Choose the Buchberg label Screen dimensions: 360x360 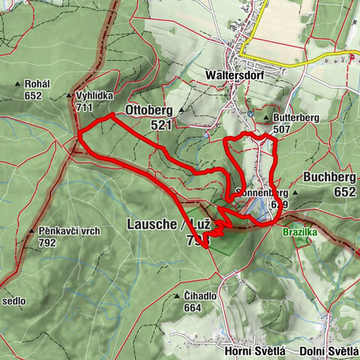point(329,178)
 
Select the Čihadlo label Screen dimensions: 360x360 point(200,296)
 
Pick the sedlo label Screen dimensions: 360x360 point(13,301)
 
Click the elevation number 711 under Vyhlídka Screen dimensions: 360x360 point(84,107)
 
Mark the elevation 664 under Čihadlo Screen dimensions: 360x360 point(192,307)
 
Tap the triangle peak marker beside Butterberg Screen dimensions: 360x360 point(266,118)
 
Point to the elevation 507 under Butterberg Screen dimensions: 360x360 point(281,129)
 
